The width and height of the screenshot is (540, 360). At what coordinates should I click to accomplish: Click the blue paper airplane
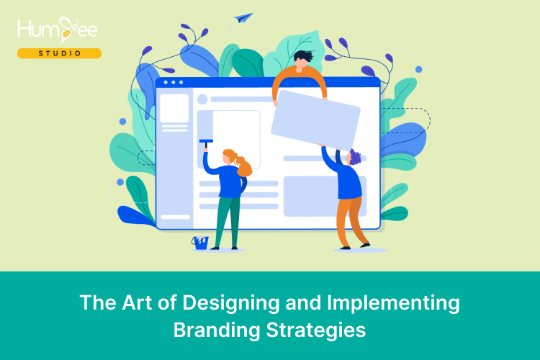coord(243,18)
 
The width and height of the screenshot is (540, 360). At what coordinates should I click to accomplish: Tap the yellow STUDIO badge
coord(60,53)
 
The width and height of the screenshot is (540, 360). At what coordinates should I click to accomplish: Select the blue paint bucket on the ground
coord(200,243)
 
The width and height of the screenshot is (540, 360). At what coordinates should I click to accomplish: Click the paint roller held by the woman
coord(206,143)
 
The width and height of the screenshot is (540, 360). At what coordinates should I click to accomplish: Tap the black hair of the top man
coord(303,56)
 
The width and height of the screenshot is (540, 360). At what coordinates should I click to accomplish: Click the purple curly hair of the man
coord(354,157)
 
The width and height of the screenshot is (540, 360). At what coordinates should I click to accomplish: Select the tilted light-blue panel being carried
coord(315,120)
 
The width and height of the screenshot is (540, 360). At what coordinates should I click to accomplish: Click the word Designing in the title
coord(230,303)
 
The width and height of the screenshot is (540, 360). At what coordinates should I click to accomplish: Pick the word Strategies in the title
coord(316,330)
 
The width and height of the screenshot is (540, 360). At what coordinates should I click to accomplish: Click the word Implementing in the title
coord(393,303)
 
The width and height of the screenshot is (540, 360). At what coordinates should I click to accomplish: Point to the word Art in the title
coord(137,302)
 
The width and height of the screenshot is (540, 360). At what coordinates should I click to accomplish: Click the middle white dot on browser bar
coord(174,83)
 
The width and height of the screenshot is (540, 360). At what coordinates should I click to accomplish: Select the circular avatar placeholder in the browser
coord(202,99)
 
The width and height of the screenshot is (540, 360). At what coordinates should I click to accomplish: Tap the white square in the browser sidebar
coord(174,108)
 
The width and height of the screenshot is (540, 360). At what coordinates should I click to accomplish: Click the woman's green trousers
coord(228,221)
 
